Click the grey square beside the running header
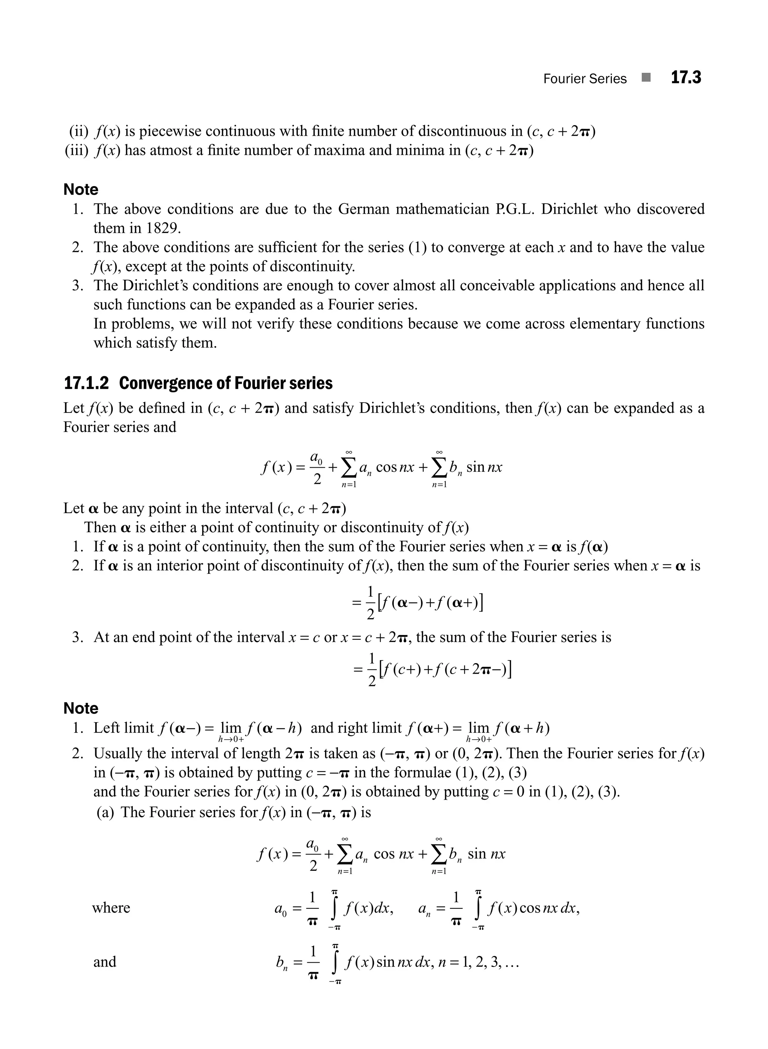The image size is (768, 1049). pyautogui.click(x=646, y=78)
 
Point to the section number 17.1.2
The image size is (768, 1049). pyautogui.click(x=86, y=383)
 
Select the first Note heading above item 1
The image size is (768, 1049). pyautogui.click(x=81, y=190)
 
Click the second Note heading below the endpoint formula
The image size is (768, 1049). pyautogui.click(x=81, y=708)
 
